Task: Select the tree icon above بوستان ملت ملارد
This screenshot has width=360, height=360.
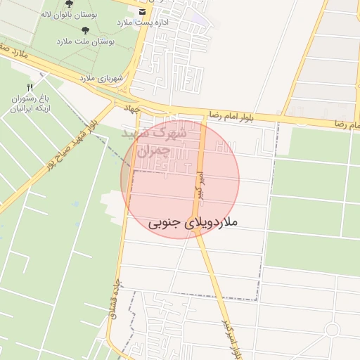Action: (86, 30)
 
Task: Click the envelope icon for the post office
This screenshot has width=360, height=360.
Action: (143, 12)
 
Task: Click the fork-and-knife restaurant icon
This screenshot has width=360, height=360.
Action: (29, 87)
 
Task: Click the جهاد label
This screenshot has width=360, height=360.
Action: (132, 109)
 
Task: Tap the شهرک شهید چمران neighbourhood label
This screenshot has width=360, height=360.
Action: (154, 141)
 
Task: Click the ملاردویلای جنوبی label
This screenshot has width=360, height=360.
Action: (193, 222)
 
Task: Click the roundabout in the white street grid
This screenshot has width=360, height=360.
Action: (332, 330)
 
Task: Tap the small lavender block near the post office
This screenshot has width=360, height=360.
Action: (200, 20)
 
